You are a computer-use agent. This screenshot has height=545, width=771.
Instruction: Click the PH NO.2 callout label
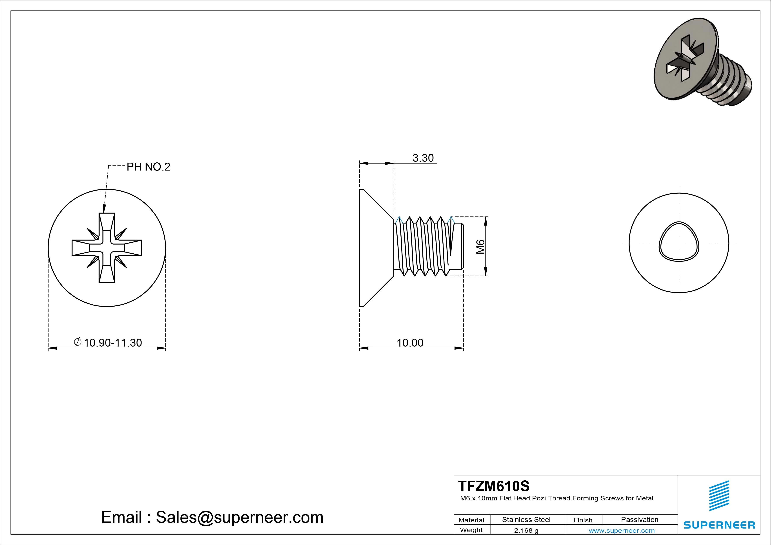tap(148, 167)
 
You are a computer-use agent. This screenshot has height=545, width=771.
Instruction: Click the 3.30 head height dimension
tap(423, 158)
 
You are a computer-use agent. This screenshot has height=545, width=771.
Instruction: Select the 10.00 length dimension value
tap(410, 343)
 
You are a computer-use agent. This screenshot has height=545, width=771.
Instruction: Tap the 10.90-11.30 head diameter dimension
tap(113, 343)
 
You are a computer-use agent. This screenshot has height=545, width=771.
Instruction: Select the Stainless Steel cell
tap(526, 520)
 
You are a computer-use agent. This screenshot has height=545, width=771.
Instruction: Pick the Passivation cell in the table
tap(639, 520)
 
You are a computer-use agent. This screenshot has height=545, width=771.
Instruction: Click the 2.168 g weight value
tap(526, 530)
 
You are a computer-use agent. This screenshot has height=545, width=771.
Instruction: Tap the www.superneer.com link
tap(622, 530)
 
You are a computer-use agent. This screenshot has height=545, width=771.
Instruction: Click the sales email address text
tap(212, 517)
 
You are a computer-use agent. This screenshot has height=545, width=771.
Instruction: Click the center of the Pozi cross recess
tap(107, 248)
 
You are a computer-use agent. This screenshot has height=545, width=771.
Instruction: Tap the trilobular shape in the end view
tap(679, 241)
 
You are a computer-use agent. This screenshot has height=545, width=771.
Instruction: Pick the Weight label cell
tap(471, 530)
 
